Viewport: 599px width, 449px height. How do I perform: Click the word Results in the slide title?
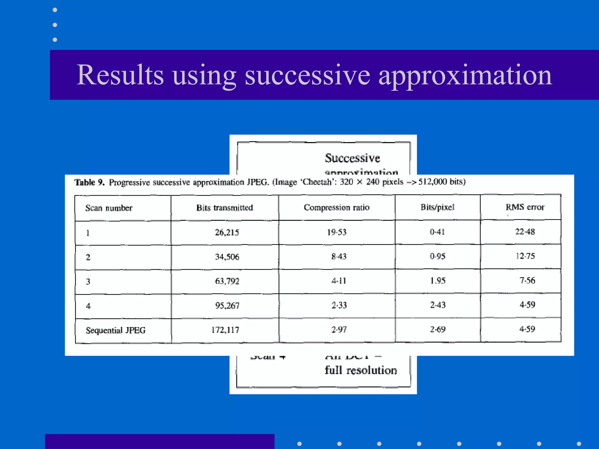[120, 75]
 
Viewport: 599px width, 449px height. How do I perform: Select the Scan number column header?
[109, 208]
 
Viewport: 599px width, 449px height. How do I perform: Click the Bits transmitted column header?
[225, 208]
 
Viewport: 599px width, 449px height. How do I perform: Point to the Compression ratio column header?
[337, 207]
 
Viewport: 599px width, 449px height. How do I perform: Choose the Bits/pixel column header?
[438, 207]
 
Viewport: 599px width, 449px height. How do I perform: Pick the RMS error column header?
[525, 207]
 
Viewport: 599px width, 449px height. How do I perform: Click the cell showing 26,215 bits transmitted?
[227, 232]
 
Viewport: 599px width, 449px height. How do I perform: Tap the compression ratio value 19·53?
[337, 232]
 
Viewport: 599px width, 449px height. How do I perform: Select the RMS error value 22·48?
[525, 232]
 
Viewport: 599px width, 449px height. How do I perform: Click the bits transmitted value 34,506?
[227, 257]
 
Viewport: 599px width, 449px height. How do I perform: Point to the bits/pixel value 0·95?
[438, 256]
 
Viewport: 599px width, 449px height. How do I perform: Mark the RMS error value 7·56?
[527, 280]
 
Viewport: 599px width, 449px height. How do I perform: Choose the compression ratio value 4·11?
[339, 281]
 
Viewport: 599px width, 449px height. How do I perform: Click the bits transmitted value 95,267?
[227, 305]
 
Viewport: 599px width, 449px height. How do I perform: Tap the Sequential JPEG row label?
[116, 330]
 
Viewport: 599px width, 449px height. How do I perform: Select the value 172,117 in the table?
[225, 330]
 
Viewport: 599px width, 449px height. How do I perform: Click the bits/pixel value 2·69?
[438, 329]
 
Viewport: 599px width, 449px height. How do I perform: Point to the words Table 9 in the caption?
[89, 182]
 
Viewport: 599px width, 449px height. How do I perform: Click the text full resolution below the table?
[361, 370]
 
